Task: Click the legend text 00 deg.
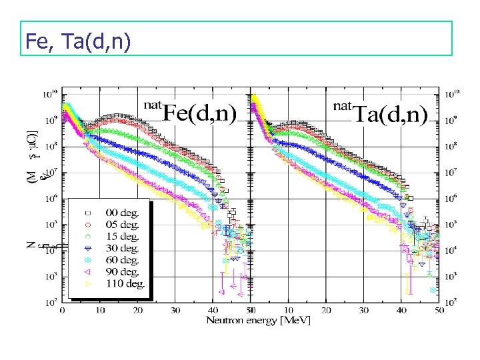(122, 213)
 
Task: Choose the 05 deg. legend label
(122, 225)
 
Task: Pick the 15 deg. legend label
(122, 237)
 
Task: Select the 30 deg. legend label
(122, 248)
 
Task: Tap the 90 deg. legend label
(122, 272)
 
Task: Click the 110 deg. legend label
(125, 284)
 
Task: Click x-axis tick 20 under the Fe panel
(137, 310)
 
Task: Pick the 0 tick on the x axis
(63, 310)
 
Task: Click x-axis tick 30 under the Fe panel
(175, 310)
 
